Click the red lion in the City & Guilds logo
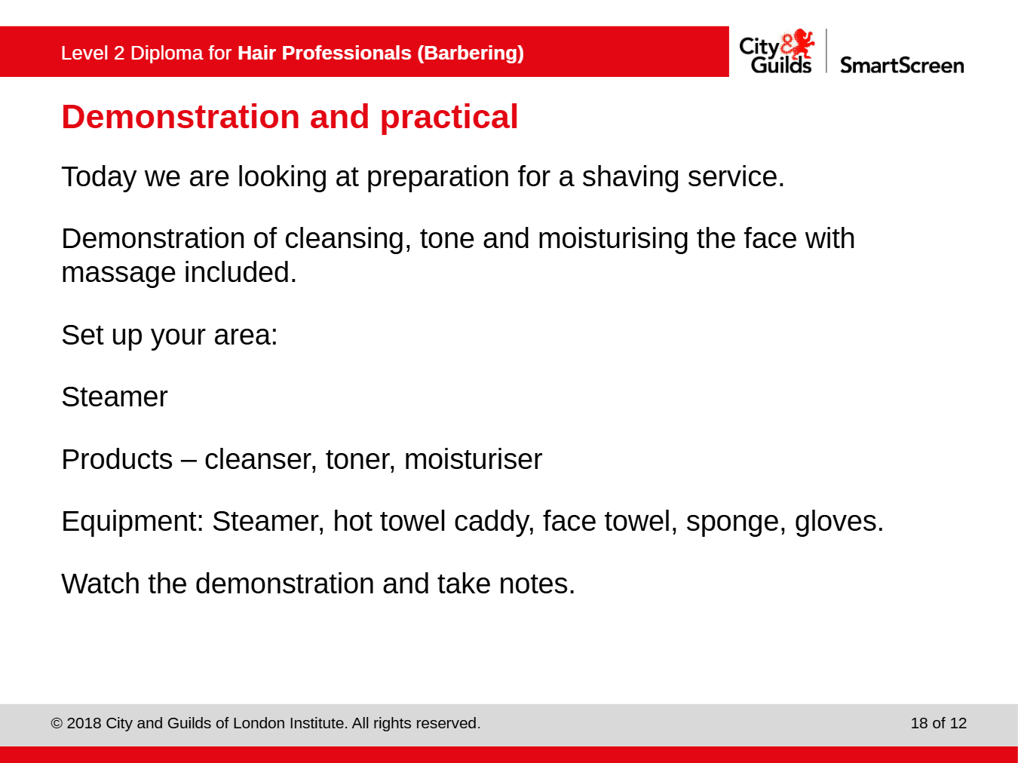799,43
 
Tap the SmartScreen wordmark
902,66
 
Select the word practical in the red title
449,118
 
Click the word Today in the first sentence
99,177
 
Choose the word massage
118,274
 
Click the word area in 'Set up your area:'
245,336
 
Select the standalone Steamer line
115,397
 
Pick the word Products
117,459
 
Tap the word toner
360,459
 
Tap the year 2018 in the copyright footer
84,724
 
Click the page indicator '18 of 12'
938,724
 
